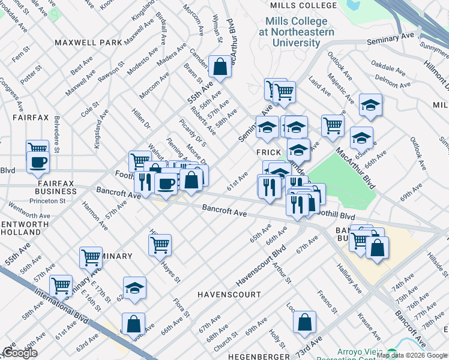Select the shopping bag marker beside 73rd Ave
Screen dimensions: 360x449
pyautogui.click(x=305, y=322)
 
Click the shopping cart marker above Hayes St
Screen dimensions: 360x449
pyautogui.click(x=160, y=245)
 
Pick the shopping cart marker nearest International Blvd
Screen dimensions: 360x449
pyautogui.click(x=61, y=286)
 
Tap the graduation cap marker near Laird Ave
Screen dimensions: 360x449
pyautogui.click(x=371, y=105)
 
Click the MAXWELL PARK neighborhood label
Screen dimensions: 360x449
pyautogui.click(x=88, y=43)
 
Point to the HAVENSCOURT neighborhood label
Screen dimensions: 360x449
pyautogui.click(x=229, y=295)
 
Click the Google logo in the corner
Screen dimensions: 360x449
pyautogui.click(x=20, y=352)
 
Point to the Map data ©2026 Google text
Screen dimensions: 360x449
pyautogui.click(x=411, y=355)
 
